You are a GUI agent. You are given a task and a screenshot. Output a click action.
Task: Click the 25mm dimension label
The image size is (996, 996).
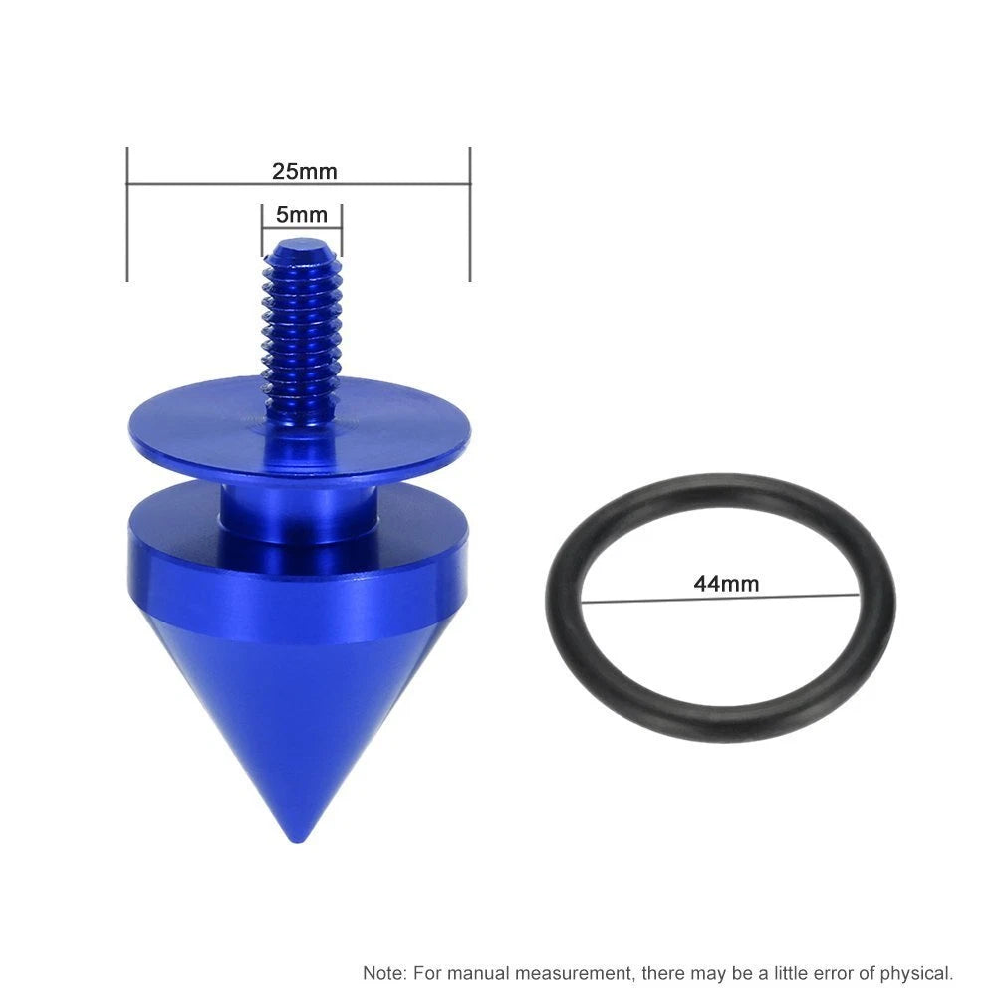pyautogui.click(x=304, y=171)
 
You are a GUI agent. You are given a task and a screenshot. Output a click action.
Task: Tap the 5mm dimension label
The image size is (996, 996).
pyautogui.click(x=302, y=215)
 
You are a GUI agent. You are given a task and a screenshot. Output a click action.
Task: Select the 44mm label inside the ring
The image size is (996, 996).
pyautogui.click(x=726, y=583)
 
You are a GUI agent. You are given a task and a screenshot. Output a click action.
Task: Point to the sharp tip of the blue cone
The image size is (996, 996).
pyautogui.click(x=297, y=840)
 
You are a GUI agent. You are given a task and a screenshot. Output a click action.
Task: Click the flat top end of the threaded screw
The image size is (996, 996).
pyautogui.click(x=302, y=244)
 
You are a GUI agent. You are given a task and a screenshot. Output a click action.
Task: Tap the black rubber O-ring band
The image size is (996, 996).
pyautogui.click(x=720, y=725)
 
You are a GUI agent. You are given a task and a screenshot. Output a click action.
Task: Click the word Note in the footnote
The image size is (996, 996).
pyautogui.click(x=384, y=973)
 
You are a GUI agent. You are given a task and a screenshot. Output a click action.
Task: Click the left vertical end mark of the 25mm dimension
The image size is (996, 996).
pyautogui.click(x=127, y=214)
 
